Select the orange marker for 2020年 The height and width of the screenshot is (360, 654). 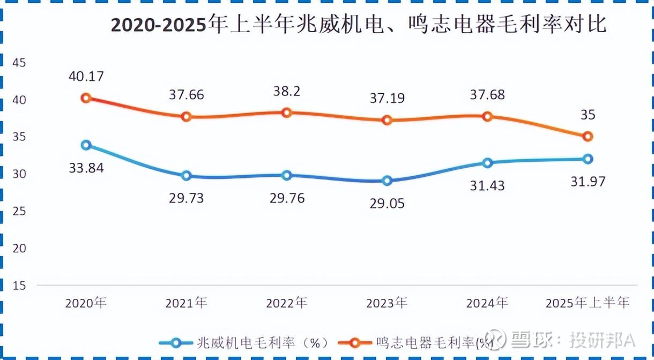pyautogui.click(x=86, y=98)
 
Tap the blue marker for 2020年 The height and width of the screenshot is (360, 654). pyautogui.click(x=86, y=145)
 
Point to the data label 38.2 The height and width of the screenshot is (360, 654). pyautogui.click(x=286, y=91)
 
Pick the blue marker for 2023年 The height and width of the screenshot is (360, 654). pyautogui.click(x=387, y=181)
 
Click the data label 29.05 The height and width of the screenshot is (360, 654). pyautogui.click(x=387, y=204)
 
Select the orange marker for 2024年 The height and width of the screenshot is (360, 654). pyautogui.click(x=487, y=116)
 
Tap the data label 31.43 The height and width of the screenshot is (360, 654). pyautogui.click(x=487, y=186)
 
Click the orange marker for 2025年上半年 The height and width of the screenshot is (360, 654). pyautogui.click(x=588, y=137)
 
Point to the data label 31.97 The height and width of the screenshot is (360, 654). pyautogui.click(x=587, y=182)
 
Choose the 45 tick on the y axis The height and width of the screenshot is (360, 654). pyautogui.click(x=19, y=63)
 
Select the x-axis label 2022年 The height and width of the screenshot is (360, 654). pyautogui.click(x=286, y=303)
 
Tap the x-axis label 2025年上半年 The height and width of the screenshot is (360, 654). pyautogui.click(x=587, y=303)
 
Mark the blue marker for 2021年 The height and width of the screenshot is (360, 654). pyautogui.click(x=186, y=175)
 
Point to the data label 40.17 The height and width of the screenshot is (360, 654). pyautogui.click(x=86, y=76)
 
